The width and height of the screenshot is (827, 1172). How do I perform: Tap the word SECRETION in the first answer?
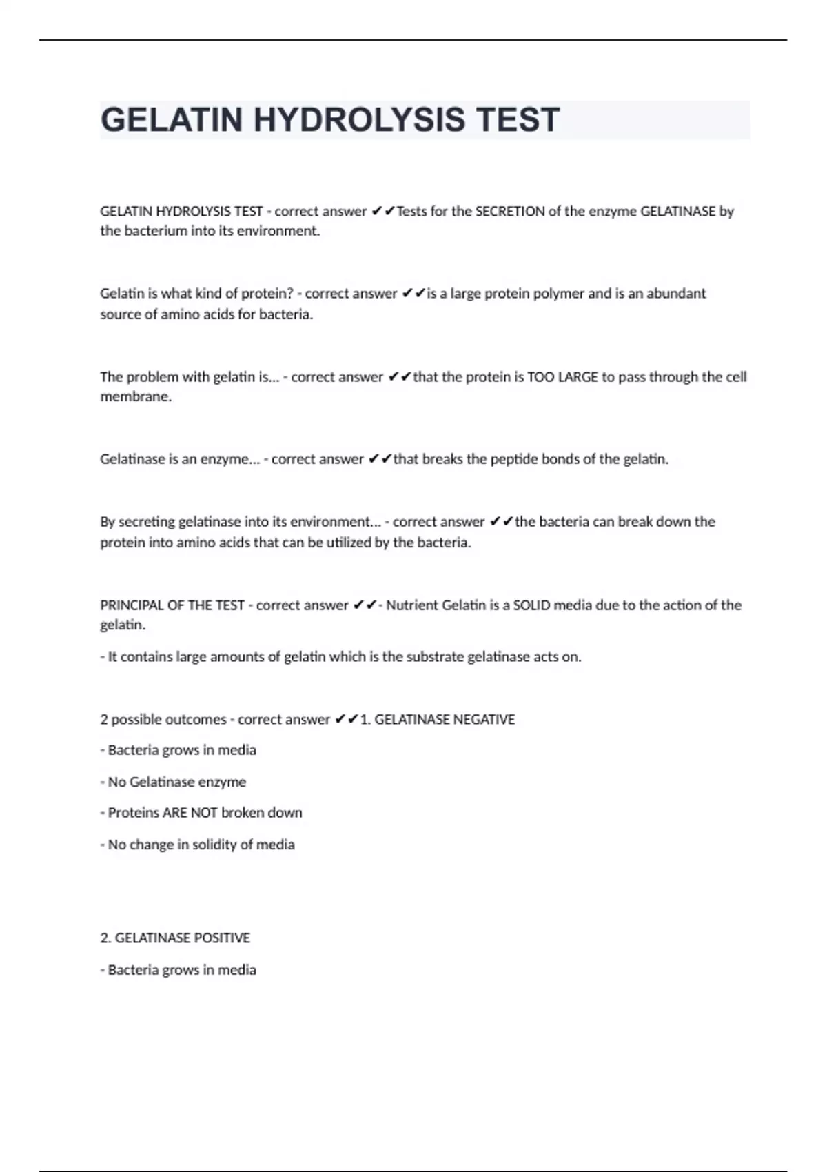510,212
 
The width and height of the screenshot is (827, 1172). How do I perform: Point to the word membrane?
135,397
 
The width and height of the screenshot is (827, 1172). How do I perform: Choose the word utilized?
347,543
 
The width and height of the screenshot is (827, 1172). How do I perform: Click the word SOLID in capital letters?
531,605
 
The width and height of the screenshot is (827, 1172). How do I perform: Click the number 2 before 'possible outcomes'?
104,720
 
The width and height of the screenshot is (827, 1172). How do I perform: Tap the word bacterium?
155,231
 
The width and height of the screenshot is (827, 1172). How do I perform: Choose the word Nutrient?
411,605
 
